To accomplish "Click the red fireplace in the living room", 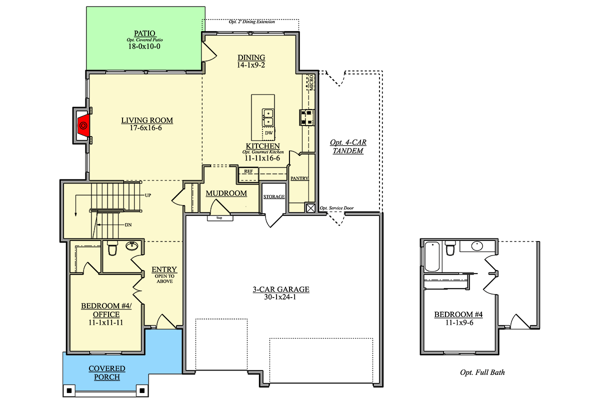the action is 83,125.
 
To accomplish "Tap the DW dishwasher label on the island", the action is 268,133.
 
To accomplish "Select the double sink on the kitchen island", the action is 268,117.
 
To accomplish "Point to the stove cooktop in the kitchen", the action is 306,117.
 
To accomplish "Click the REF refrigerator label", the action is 248,171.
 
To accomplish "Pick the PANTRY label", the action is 299,178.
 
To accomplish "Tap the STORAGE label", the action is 274,196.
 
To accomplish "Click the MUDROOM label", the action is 226,193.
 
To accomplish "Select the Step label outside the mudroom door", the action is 219,218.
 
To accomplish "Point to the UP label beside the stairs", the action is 148,195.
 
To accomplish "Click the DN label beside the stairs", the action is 128,225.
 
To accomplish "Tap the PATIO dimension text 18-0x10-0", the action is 144,46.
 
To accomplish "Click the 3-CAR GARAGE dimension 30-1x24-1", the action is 280,297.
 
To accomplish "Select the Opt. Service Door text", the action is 336,208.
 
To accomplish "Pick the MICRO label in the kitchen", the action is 311,82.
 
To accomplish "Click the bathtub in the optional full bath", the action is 432,256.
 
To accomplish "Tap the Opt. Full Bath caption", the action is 482,372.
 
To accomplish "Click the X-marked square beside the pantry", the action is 310,208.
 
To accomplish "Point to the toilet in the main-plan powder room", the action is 112,248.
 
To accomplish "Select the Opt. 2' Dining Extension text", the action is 252,21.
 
